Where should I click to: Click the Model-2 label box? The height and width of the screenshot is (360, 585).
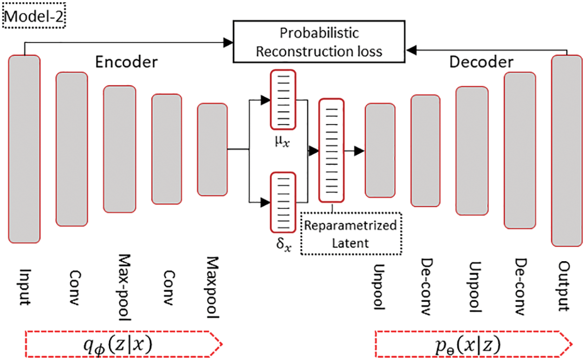coord(34,16)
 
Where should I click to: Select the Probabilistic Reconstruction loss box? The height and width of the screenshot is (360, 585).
coord(319,42)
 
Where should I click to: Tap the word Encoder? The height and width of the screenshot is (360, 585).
coord(126,62)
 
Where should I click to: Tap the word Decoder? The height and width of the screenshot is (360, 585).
coord(481,62)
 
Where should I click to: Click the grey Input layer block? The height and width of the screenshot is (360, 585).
coord(24,149)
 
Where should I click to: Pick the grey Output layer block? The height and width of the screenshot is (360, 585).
coord(567,150)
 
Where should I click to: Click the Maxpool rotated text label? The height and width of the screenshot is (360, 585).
coord(212,287)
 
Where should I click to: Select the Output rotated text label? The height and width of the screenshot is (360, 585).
coord(564,286)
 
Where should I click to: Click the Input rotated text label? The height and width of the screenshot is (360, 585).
coord(26,287)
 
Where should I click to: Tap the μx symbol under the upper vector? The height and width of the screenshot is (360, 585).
coord(282,141)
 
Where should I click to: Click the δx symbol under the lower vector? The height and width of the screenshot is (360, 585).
coord(284,244)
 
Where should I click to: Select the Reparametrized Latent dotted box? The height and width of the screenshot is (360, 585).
coord(351,234)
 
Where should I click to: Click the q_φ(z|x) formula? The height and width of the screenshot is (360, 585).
coord(118,345)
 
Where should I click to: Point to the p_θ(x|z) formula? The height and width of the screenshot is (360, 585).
coord(468,345)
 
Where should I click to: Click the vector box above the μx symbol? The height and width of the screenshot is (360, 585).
coord(283,99)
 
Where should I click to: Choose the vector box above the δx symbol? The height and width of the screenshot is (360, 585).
coord(283,202)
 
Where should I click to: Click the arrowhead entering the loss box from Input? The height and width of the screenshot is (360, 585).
coord(228,43)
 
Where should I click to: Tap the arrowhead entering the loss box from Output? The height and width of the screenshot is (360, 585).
coord(411,50)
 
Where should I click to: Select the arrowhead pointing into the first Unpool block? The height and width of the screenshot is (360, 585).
coord(359,151)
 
